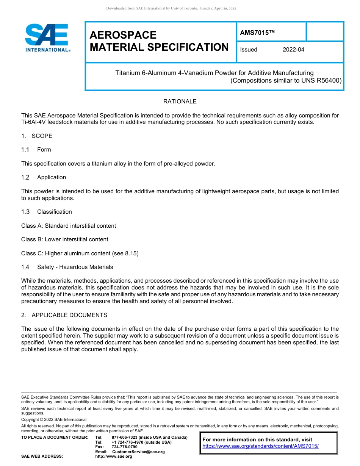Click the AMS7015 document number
[257, 33]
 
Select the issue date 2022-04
[293, 50]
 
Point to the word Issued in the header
[249, 50]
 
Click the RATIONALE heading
[180, 102]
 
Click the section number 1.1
[25, 150]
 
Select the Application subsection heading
[52, 177]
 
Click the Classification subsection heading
[54, 212]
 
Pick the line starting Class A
[69, 226]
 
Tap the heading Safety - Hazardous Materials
[75, 267]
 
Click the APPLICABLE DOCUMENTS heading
[69, 315]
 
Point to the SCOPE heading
[42, 136]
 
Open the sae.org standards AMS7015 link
[260, 446]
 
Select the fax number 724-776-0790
[125, 447]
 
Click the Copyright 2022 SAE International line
[54, 419]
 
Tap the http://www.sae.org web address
[114, 457]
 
